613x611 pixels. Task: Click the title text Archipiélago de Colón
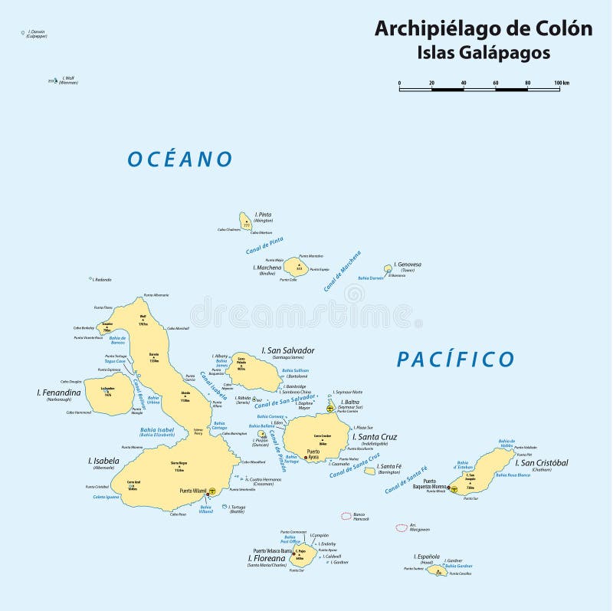[x=483, y=29]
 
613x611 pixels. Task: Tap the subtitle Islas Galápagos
[x=483, y=53]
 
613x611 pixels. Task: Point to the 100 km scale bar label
[x=561, y=83]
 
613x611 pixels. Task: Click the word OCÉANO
[x=180, y=159]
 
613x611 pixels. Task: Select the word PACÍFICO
[x=456, y=359]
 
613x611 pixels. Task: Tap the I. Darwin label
[x=36, y=31]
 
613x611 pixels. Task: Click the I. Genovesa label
[x=408, y=264]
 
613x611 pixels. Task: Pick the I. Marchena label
[x=267, y=268]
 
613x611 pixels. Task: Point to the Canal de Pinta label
[x=265, y=247]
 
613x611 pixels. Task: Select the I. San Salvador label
[x=288, y=350]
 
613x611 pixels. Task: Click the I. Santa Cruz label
[x=375, y=437]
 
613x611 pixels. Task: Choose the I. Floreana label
[x=264, y=558]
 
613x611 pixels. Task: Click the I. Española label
[x=427, y=556]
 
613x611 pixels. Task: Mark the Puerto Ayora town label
[x=313, y=455]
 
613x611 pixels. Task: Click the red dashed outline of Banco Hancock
[x=347, y=516]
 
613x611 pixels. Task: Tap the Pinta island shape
[x=245, y=221]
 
